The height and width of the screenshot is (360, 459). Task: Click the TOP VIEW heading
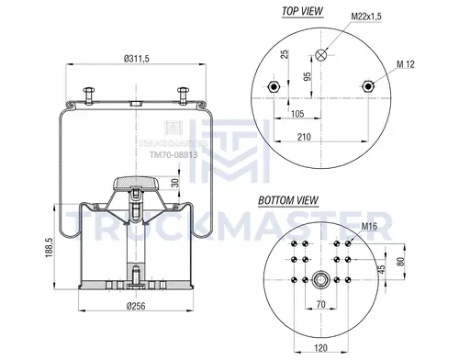point(302,11)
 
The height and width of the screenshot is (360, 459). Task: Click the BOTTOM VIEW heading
point(288,200)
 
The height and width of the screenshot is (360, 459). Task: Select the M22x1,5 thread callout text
point(366,17)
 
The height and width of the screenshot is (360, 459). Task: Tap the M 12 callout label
point(406,64)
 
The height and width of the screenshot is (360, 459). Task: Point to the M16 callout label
point(369,227)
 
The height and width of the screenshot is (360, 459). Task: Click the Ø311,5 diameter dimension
point(137,59)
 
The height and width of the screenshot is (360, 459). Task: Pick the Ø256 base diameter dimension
point(136,306)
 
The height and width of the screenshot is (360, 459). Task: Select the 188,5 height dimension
point(50,248)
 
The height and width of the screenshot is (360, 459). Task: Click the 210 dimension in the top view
point(304,137)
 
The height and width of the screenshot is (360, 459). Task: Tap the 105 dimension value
point(297,114)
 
